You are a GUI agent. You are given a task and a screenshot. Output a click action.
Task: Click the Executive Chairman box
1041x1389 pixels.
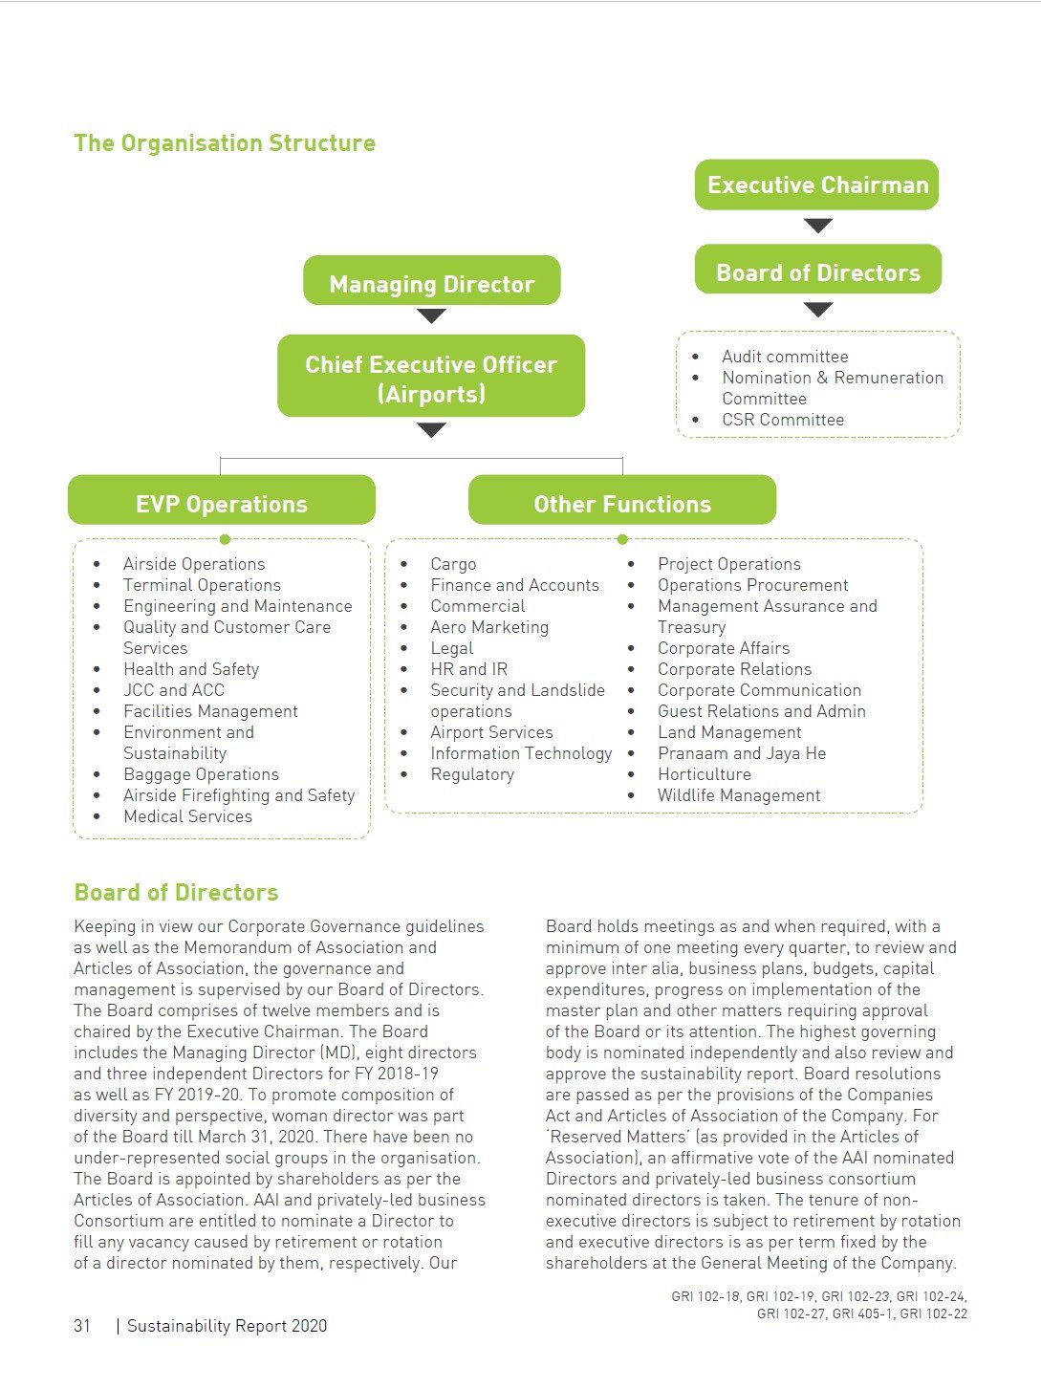816,184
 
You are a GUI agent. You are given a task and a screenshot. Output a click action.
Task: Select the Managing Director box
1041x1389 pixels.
431,284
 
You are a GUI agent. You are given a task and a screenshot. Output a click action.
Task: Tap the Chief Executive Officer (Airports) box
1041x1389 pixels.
431,378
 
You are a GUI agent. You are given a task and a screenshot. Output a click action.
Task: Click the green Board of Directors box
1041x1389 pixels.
817,272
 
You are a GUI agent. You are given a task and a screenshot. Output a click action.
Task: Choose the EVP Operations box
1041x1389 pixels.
222,504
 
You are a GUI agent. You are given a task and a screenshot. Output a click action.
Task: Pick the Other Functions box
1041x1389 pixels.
621,504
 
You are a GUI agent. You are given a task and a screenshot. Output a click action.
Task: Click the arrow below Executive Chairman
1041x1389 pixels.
818,226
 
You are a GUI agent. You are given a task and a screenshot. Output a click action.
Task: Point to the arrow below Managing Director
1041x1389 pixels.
431,315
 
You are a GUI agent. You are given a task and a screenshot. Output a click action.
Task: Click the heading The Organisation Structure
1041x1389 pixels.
225,143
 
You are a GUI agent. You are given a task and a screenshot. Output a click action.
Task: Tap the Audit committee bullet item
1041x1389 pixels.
785,357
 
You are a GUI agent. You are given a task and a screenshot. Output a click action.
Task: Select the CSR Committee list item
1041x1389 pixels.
783,420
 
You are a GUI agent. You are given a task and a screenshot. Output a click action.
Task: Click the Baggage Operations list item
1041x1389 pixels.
201,774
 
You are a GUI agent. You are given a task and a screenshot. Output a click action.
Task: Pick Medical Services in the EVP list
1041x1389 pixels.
187,816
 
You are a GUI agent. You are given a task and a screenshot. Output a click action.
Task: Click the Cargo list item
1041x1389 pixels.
453,564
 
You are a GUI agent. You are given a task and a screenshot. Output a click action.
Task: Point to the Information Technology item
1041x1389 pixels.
521,753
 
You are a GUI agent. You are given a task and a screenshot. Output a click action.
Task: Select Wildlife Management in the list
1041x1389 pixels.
739,795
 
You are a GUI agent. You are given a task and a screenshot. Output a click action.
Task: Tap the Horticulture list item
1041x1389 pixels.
705,774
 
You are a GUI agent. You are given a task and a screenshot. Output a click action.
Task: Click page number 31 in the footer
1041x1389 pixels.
82,1326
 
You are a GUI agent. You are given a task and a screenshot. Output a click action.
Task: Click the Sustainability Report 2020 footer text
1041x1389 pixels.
228,1326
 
